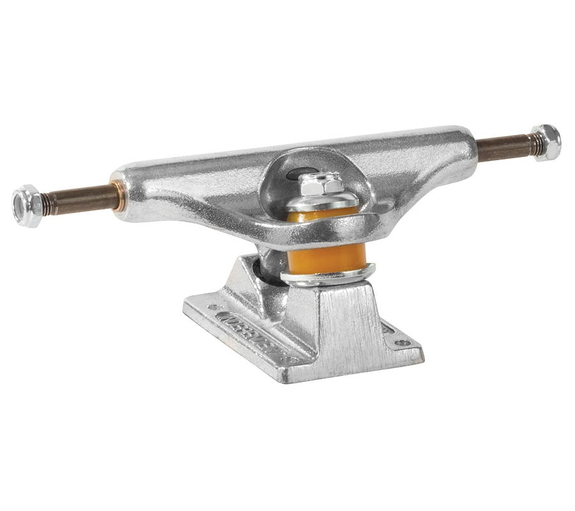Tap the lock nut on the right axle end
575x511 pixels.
(x=546, y=142)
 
